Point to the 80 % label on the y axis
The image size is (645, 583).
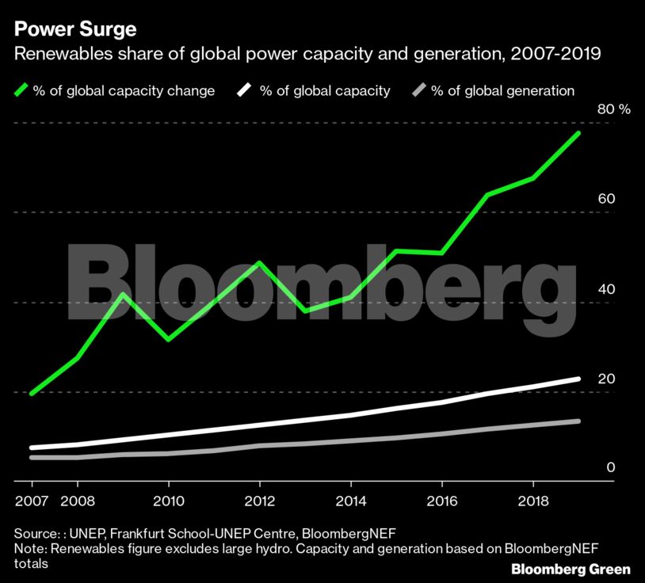[613, 109]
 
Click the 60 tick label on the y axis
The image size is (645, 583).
[606, 198]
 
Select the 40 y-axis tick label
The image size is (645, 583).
[606, 289]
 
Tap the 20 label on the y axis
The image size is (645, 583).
[606, 379]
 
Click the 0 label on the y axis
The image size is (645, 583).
[610, 467]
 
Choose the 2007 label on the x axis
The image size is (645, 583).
[32, 501]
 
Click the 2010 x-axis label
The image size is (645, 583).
[168, 501]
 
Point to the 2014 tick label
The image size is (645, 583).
[351, 501]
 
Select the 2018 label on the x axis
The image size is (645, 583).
[533, 501]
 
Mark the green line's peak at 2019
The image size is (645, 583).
[578, 133]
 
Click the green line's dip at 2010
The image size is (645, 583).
[168, 340]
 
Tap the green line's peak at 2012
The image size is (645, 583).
[259, 262]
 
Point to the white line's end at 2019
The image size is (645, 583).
[578, 379]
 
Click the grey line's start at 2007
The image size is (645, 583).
[32, 457]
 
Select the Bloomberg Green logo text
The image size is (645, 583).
[571, 569]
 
